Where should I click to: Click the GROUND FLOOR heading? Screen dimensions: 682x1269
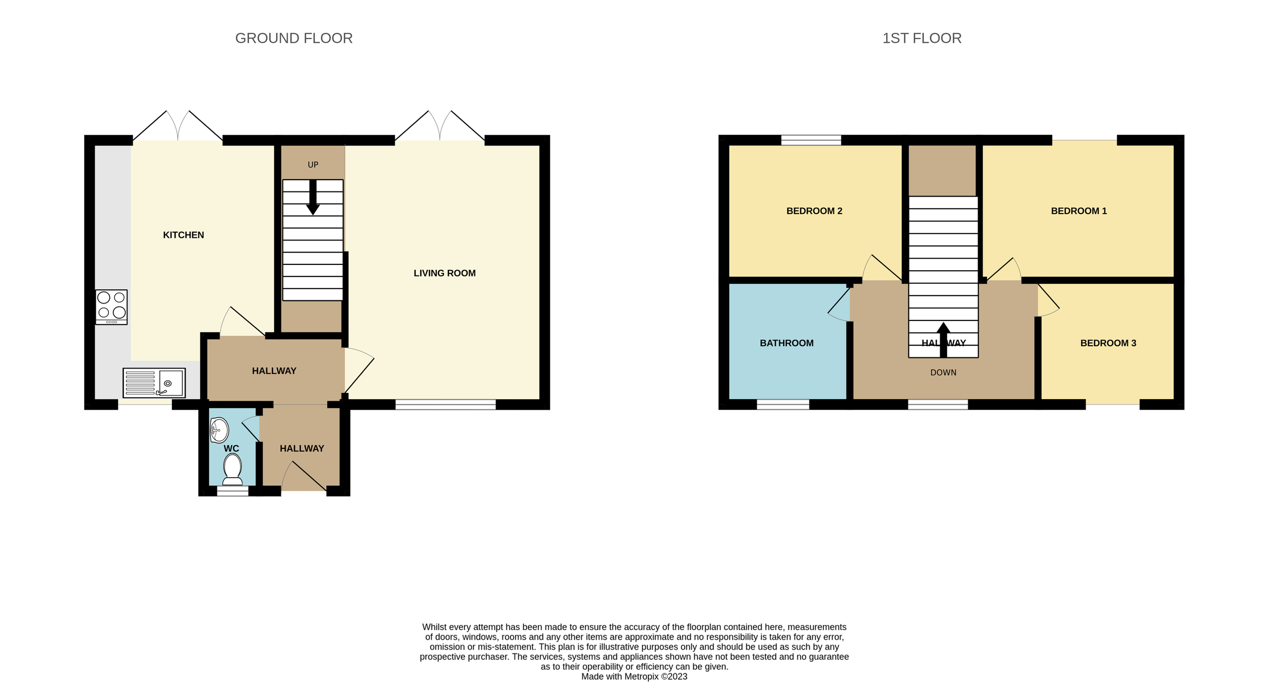pyautogui.click(x=293, y=39)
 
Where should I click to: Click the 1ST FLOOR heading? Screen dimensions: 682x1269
pyautogui.click(x=922, y=39)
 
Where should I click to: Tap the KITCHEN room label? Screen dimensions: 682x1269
pyautogui.click(x=183, y=235)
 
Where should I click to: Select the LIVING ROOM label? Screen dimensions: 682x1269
pyautogui.click(x=444, y=273)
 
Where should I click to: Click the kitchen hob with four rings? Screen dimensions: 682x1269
pyautogui.click(x=112, y=307)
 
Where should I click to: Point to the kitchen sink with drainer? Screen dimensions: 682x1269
pyautogui.click(x=154, y=383)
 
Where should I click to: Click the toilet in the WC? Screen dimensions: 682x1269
pyautogui.click(x=232, y=469)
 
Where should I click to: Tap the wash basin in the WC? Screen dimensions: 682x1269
pyautogui.click(x=219, y=430)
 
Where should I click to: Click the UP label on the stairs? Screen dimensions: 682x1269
pyautogui.click(x=313, y=165)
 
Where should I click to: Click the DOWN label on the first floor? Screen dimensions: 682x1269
pyautogui.click(x=943, y=373)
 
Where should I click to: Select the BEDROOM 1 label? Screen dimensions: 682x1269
pyautogui.click(x=1079, y=211)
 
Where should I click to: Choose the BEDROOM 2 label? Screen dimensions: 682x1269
pyautogui.click(x=814, y=211)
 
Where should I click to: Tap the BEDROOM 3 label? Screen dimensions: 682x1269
pyautogui.click(x=1108, y=343)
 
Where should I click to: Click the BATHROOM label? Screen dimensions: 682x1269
pyautogui.click(x=786, y=343)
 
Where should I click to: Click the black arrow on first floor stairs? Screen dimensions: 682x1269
pyautogui.click(x=943, y=338)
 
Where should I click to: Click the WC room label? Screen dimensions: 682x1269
pyautogui.click(x=231, y=448)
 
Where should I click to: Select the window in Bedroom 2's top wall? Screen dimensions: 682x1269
pyautogui.click(x=811, y=140)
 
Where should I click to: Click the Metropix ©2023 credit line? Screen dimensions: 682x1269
pyautogui.click(x=634, y=676)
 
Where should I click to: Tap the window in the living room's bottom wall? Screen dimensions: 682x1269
pyautogui.click(x=445, y=404)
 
